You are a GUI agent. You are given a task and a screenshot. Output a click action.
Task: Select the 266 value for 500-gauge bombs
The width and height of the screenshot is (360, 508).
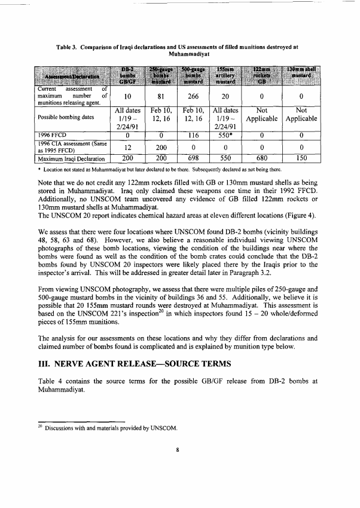(193, 96)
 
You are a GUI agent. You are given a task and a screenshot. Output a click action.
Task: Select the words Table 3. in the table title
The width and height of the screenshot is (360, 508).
(69, 45)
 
